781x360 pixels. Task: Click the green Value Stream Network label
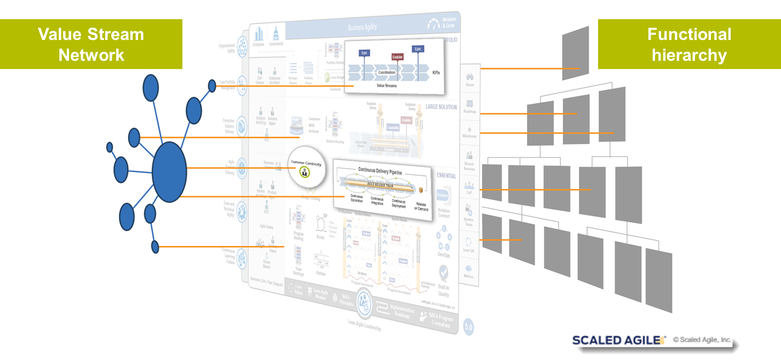tap(91, 44)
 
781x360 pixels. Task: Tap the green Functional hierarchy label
tap(689, 44)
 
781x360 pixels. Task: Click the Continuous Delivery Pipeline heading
tap(380, 172)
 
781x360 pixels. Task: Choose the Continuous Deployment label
tap(399, 203)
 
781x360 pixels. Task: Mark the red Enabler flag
tap(398, 56)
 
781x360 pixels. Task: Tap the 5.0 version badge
tap(468, 327)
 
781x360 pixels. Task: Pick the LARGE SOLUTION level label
tap(441, 107)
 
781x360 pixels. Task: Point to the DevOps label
tap(444, 255)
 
